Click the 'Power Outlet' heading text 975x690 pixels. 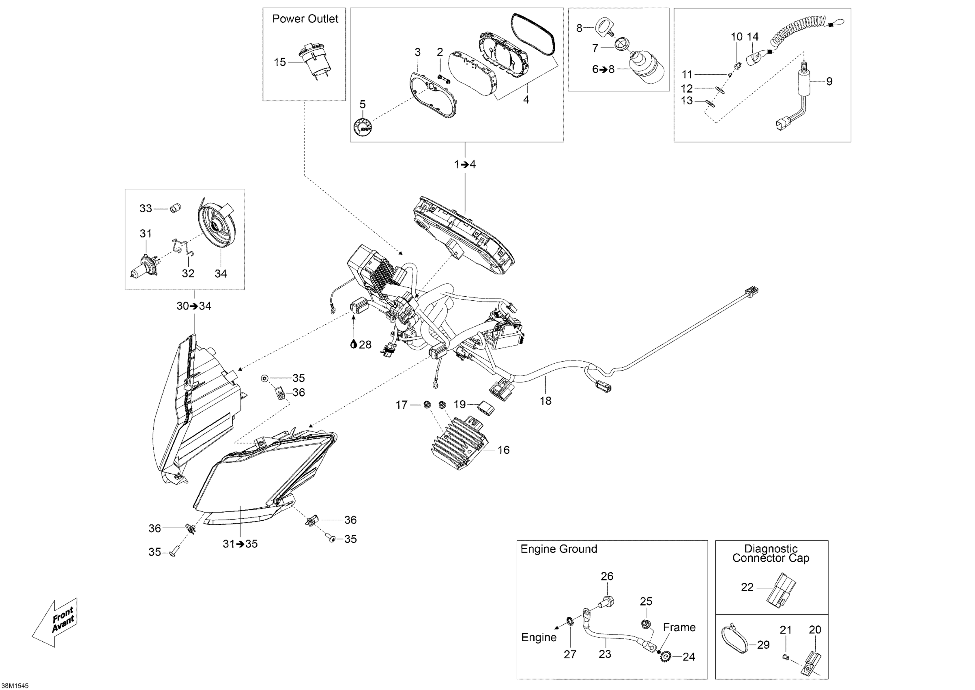[x=305, y=19]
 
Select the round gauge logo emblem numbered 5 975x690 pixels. [x=363, y=127]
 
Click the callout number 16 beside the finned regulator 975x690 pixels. [x=503, y=450]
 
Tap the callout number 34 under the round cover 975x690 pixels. [x=220, y=274]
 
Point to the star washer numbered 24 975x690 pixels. [x=666, y=658]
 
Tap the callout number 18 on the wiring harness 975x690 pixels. [x=545, y=400]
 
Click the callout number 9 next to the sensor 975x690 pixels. [x=829, y=81]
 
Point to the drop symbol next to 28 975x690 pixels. [x=353, y=344]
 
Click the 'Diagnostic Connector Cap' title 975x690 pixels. [x=771, y=553]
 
